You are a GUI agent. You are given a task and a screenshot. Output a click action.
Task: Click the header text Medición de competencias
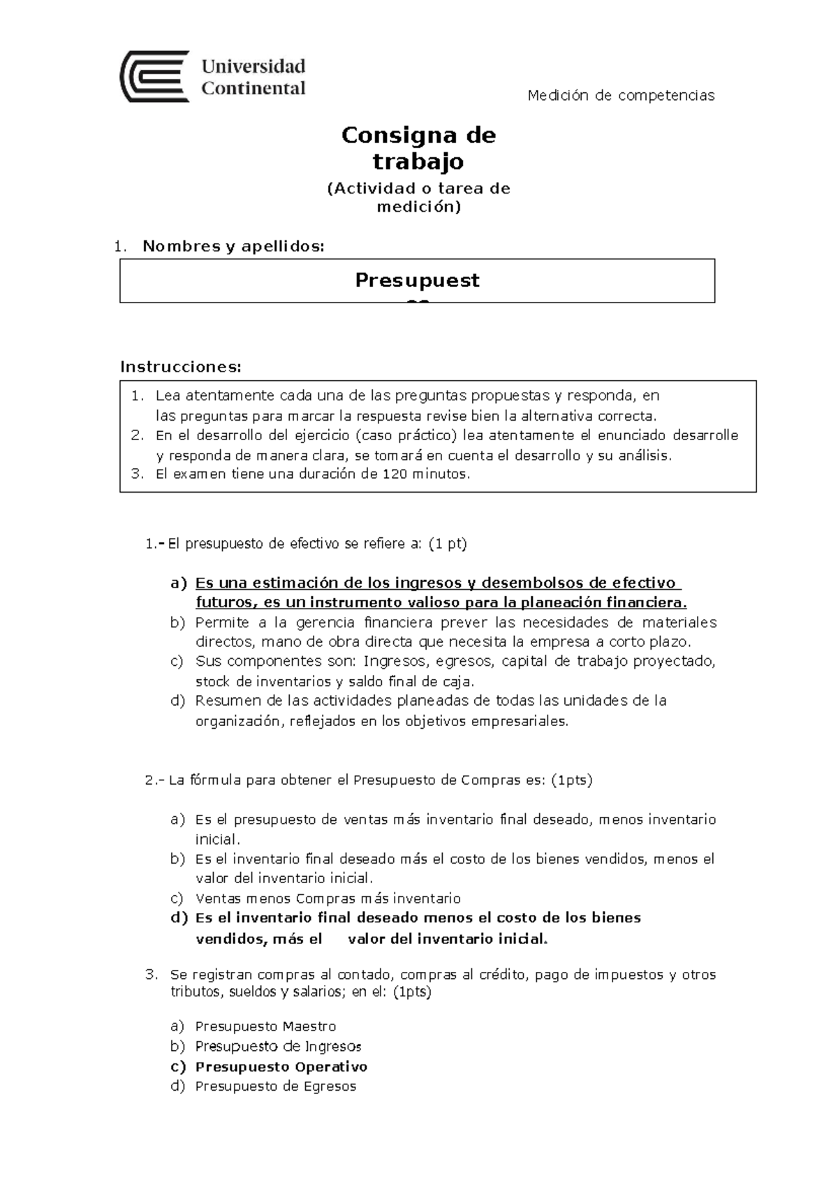(621, 96)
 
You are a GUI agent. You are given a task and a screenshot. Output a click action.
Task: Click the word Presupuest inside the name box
(417, 280)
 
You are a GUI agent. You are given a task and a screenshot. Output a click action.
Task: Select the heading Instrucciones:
(180, 367)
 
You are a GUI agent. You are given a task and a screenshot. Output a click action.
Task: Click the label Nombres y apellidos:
(233, 246)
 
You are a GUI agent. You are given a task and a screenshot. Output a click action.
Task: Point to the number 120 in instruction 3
(395, 474)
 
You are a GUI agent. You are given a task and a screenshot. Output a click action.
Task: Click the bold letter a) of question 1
(179, 583)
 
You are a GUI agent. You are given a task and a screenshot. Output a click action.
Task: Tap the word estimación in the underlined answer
(288, 583)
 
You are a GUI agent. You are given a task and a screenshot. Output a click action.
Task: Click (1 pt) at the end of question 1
(447, 544)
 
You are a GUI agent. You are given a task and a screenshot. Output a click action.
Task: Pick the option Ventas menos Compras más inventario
(328, 899)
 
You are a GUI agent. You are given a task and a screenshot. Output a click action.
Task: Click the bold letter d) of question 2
(179, 917)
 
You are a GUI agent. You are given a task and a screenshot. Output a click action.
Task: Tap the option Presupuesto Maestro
(265, 1026)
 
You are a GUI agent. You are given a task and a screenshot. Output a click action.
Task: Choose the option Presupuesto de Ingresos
(278, 1047)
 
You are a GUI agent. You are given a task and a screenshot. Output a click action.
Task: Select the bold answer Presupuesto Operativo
(281, 1067)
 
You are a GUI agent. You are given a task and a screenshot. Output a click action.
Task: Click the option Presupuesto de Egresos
(275, 1086)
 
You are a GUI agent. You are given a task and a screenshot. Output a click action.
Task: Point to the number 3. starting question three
(152, 975)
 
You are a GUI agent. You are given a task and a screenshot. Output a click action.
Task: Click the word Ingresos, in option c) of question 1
(396, 661)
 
